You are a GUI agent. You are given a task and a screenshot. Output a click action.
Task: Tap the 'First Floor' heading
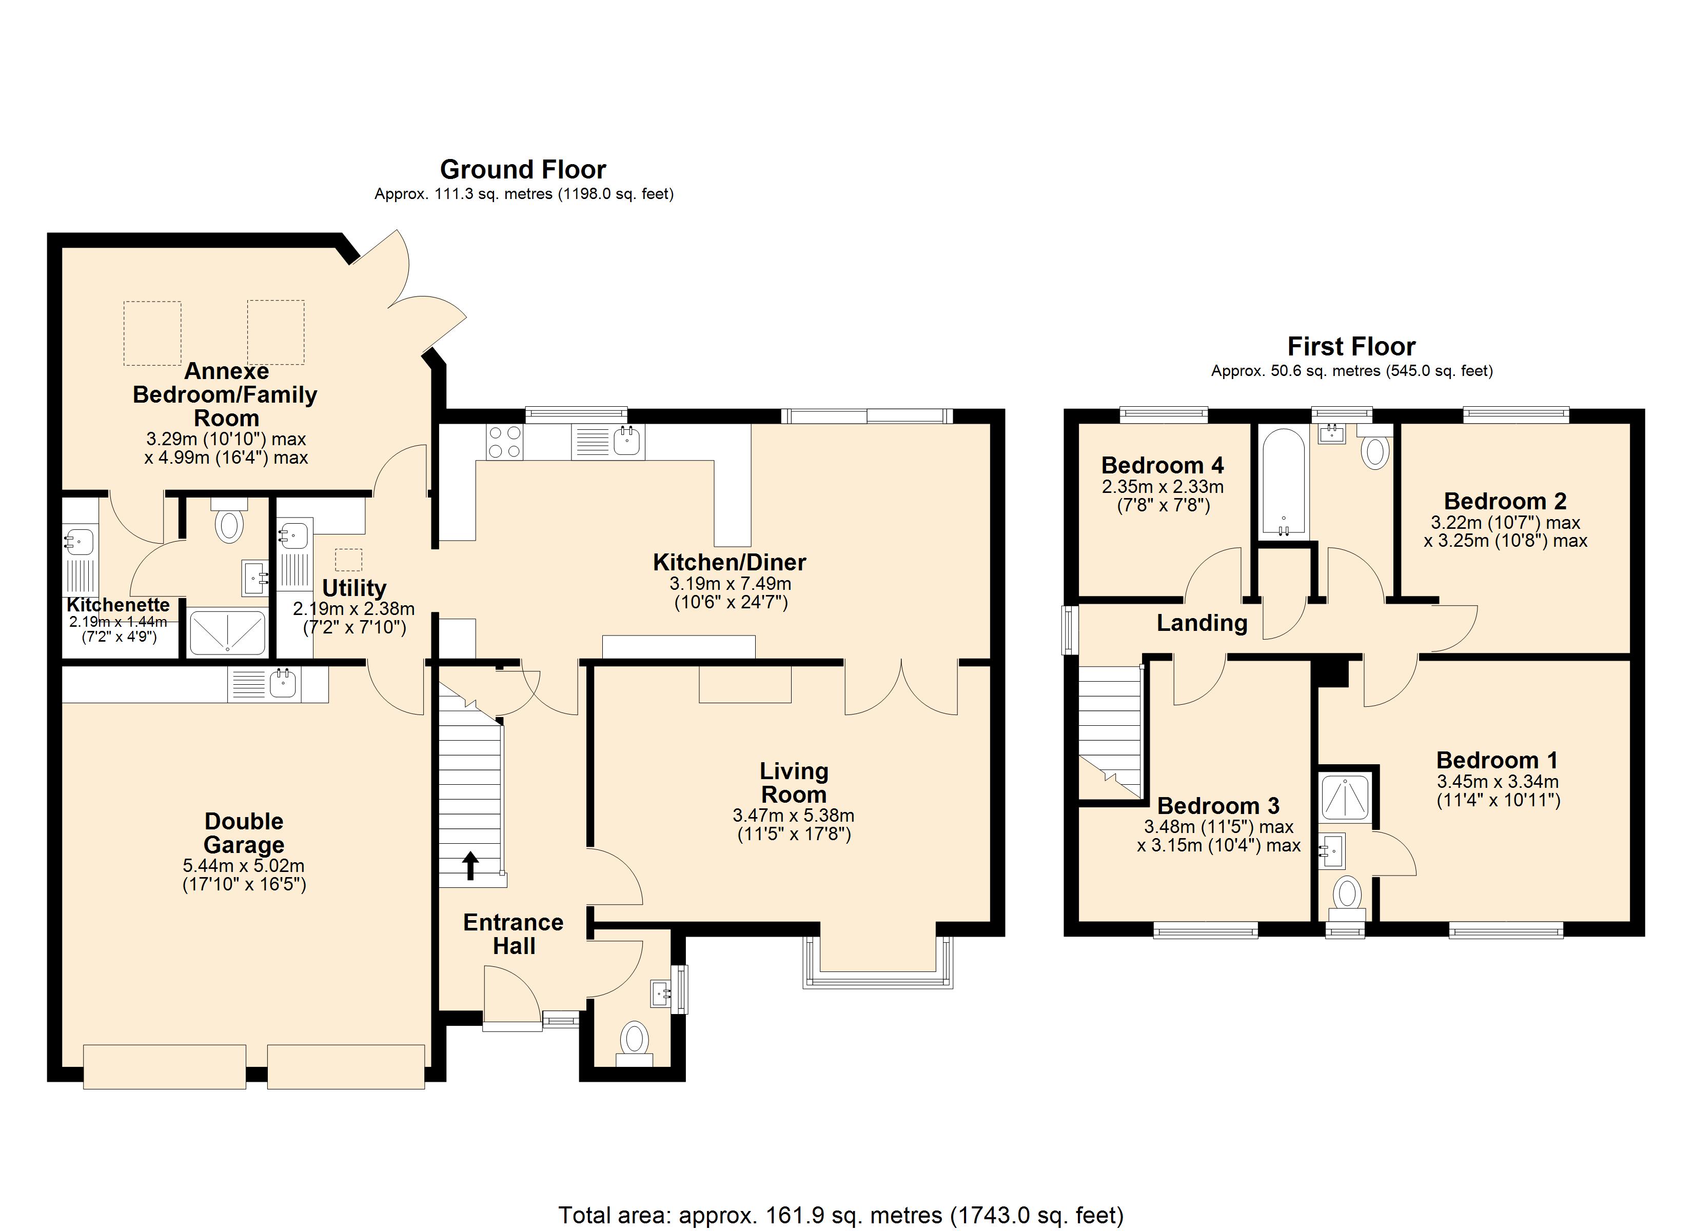[x=1351, y=347]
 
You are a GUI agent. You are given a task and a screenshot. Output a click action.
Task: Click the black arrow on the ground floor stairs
[x=470, y=866]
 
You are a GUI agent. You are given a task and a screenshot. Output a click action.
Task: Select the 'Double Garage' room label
[x=244, y=833]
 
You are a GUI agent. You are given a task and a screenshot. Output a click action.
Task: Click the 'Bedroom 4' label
[x=1162, y=466]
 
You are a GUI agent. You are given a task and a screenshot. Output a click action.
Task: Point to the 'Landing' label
[x=1202, y=623]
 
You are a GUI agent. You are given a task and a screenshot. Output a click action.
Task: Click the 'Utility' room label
[x=354, y=588]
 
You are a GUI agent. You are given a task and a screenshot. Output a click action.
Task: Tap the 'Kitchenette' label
[x=118, y=605]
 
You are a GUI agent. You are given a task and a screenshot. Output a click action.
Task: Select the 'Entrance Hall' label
[x=514, y=935]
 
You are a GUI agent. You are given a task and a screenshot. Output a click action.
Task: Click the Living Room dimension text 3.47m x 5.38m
[x=794, y=816]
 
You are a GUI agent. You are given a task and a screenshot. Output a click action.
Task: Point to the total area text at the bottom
[x=841, y=1215]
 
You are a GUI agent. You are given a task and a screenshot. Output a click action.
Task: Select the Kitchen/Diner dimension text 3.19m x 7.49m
[x=730, y=584]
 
